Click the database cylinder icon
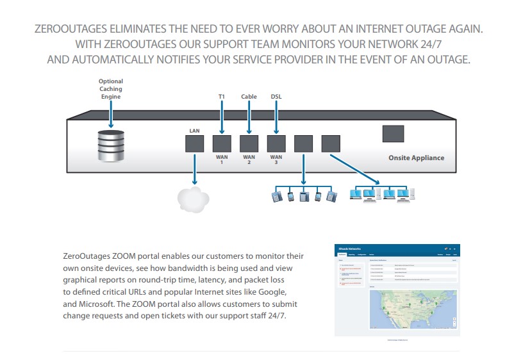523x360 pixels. pyautogui.click(x=111, y=146)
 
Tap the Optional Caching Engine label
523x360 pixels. pyautogui.click(x=110, y=89)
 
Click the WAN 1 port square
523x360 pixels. pyautogui.click(x=221, y=143)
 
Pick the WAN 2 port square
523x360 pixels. pyautogui.click(x=249, y=143)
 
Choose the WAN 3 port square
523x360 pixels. pyautogui.click(x=276, y=143)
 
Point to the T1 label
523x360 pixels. pyautogui.click(x=221, y=97)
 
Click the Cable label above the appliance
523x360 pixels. pyautogui.click(x=249, y=97)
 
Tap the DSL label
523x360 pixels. pyautogui.click(x=276, y=97)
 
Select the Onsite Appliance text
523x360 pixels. pyautogui.click(x=416, y=158)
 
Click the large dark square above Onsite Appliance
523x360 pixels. pyautogui.click(x=393, y=133)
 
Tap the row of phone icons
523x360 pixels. pyautogui.click(x=304, y=195)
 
